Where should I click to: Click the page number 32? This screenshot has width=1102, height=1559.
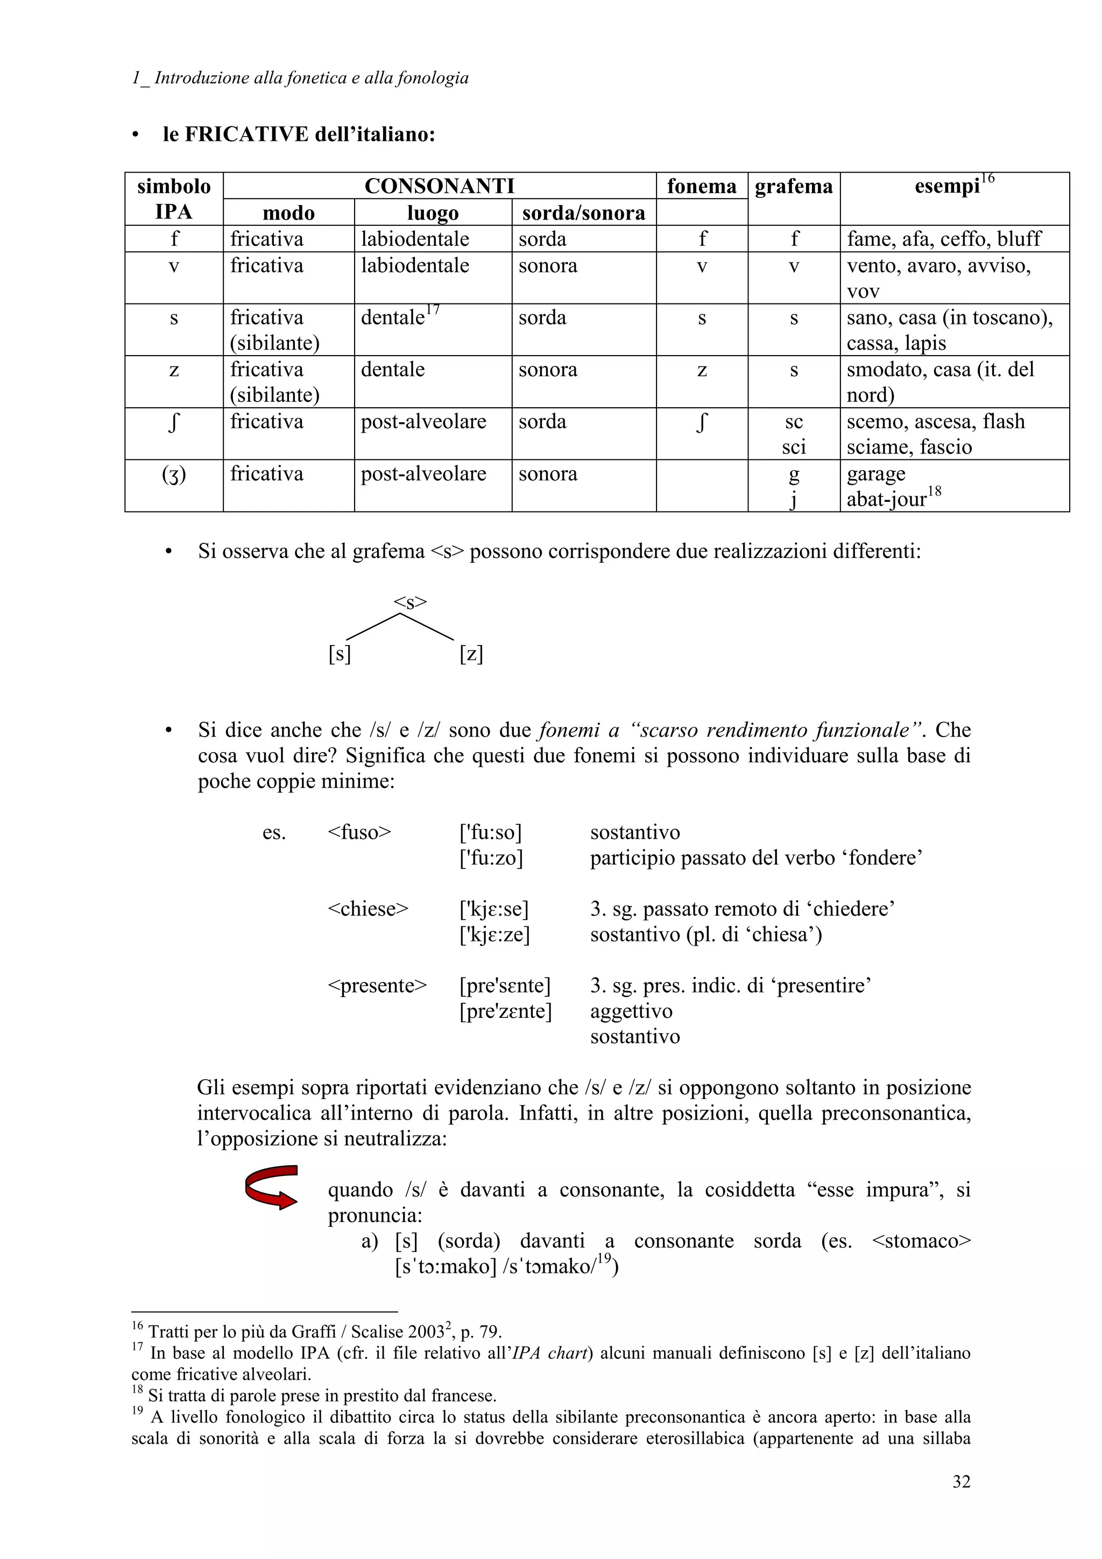click(961, 1481)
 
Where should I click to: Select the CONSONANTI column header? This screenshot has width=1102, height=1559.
click(439, 186)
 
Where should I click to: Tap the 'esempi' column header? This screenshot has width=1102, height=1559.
click(947, 186)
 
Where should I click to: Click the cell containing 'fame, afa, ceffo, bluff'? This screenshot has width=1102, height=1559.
click(944, 239)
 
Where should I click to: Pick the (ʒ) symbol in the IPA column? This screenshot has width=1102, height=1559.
click(174, 474)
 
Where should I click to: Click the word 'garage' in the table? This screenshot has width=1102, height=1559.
click(876, 474)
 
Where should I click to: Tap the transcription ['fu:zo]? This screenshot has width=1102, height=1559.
click(491, 858)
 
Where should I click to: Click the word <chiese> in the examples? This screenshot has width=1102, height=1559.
click(368, 909)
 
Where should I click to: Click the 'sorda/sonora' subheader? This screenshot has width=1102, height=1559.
click(583, 213)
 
